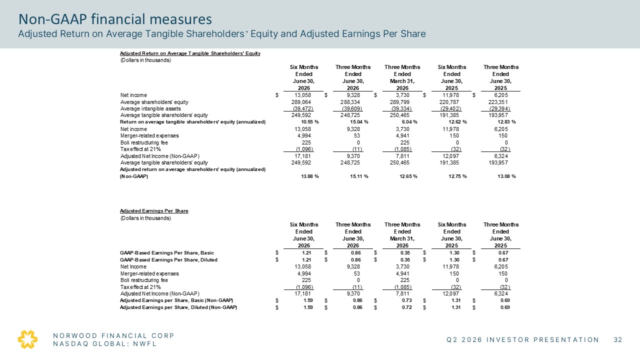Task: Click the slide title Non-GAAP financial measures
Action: coord(115,19)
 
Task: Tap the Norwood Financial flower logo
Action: coord(27,339)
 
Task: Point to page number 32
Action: coord(618,339)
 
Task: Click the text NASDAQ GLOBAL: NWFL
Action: coord(105,343)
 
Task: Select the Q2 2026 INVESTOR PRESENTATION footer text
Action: coord(523,339)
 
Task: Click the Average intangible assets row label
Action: coord(150,108)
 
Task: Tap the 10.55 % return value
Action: coord(310,122)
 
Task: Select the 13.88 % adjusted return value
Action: coord(310,176)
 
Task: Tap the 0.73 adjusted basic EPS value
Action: coord(407,300)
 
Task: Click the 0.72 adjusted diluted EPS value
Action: coord(407,307)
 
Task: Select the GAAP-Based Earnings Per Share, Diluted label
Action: coord(168,259)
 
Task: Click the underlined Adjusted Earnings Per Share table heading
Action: coord(154,211)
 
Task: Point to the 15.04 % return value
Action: coord(359,122)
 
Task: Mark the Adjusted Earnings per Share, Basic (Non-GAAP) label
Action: coord(176,300)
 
